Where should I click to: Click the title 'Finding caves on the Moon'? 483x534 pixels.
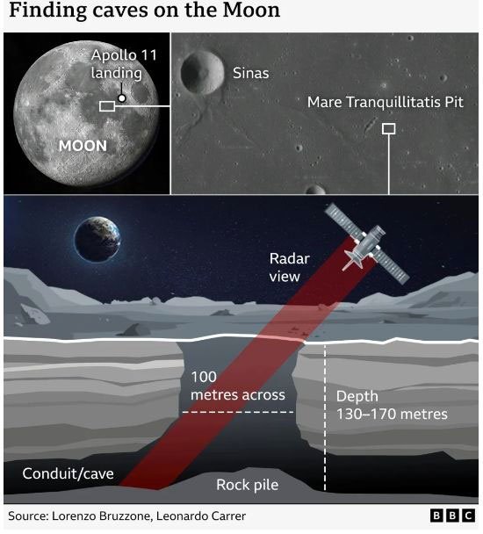pos(144,11)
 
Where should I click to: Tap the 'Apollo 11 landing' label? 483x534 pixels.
pos(124,64)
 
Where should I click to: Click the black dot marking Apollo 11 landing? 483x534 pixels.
pos(121,98)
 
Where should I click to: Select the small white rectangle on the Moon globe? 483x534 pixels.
pos(107,106)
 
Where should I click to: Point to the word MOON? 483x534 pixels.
pos(83,146)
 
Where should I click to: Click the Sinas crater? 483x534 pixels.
pos(202,73)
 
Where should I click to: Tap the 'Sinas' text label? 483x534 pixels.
pos(250,73)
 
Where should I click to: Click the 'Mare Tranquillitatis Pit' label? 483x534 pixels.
pos(386,102)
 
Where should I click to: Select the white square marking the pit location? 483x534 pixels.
pos(389,129)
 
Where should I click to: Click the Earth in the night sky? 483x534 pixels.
pos(97,239)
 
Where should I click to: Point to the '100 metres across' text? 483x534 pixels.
pos(238,386)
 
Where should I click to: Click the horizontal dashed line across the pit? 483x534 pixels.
pos(238,412)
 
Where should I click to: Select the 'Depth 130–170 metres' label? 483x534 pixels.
pos(392,405)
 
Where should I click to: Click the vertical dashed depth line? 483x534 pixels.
pos(325,417)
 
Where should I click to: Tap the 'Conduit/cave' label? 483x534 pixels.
pos(68,473)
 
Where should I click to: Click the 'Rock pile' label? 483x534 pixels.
pos(248,485)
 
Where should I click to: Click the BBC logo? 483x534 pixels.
pos(452,516)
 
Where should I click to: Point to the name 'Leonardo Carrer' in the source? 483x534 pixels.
pos(201,516)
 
